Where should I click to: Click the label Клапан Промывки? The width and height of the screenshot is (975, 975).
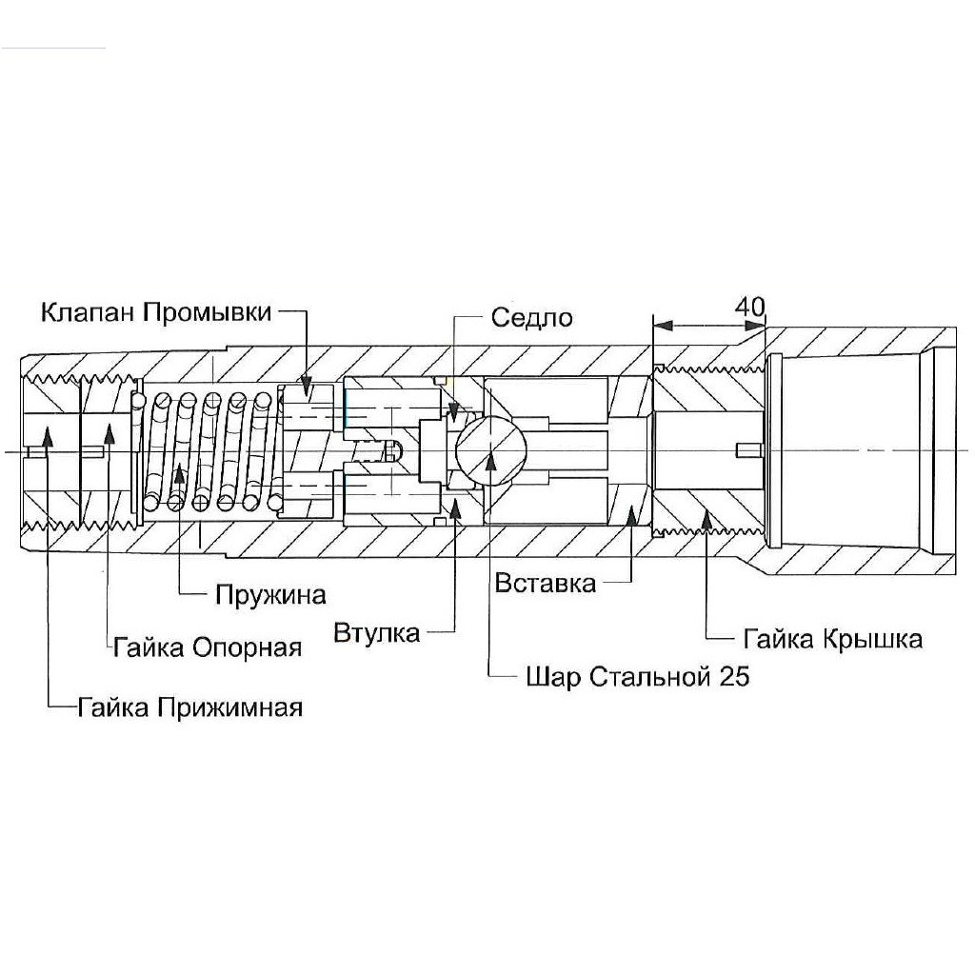pyautogui.click(x=157, y=312)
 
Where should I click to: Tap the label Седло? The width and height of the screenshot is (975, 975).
pyautogui.click(x=532, y=317)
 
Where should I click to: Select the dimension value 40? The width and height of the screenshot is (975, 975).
pyautogui.click(x=750, y=307)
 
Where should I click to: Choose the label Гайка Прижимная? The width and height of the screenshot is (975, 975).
pyautogui.click(x=190, y=707)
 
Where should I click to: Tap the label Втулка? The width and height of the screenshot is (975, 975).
pyautogui.click(x=377, y=633)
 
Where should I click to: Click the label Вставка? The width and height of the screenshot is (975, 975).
pyautogui.click(x=546, y=583)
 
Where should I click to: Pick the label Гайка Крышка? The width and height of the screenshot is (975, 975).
pyautogui.click(x=833, y=638)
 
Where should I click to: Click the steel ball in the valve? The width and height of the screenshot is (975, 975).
pyautogui.click(x=489, y=446)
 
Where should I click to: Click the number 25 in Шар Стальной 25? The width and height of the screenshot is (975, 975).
pyautogui.click(x=734, y=677)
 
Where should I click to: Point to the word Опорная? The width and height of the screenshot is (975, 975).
pyautogui.click(x=248, y=648)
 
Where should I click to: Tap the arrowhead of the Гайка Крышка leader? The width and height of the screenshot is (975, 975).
pyautogui.click(x=706, y=515)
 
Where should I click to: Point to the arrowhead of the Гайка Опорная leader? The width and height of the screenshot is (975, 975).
pyautogui.click(x=110, y=430)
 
